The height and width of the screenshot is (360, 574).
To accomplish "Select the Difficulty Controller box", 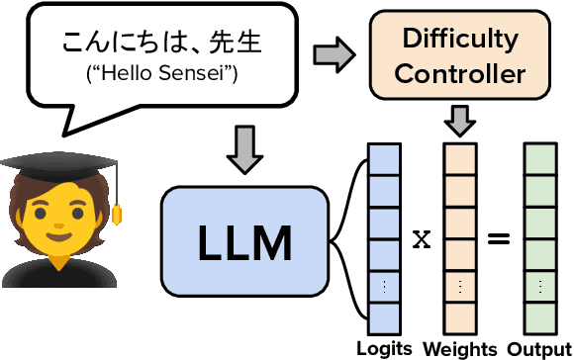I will tap(458, 56).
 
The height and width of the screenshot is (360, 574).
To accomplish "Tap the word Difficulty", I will tap(459, 40).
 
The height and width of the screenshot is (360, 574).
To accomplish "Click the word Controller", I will tap(459, 73).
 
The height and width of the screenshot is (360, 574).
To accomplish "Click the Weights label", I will tap(460, 349).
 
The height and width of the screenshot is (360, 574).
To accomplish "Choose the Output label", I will tap(539, 349).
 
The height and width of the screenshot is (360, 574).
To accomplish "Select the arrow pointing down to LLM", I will tap(244, 147).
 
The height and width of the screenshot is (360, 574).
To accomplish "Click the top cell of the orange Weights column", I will tap(460, 158).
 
